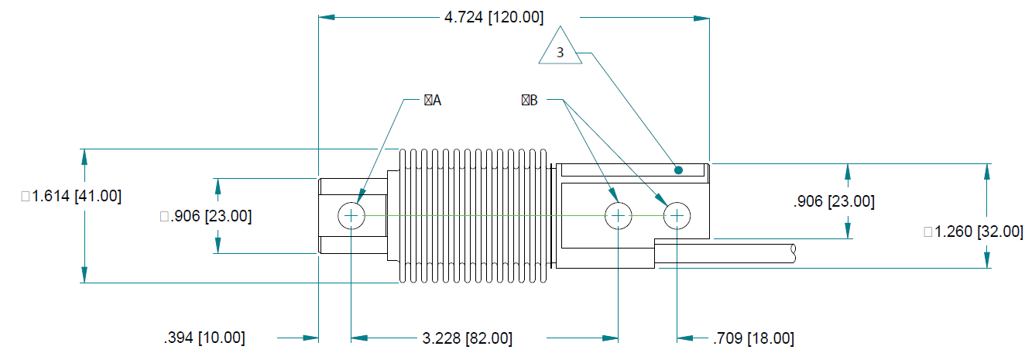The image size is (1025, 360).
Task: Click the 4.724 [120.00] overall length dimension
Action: pos(494,16)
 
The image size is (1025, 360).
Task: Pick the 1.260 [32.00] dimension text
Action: pos(974,231)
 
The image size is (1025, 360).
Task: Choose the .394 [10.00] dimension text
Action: pos(204,338)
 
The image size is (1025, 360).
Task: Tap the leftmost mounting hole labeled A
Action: pos(351,215)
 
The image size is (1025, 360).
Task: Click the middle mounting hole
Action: pos(618,215)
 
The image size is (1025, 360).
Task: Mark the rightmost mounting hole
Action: pos(677,215)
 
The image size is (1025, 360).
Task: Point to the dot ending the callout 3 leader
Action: pos(678,170)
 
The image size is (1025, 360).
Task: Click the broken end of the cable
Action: pos(793,252)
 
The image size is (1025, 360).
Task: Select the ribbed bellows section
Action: pos(474,215)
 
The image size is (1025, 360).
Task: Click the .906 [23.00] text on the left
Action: pos(205,216)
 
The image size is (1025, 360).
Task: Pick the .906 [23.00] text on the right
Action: pos(834,201)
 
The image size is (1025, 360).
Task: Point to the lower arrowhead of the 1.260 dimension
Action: pos(987,261)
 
